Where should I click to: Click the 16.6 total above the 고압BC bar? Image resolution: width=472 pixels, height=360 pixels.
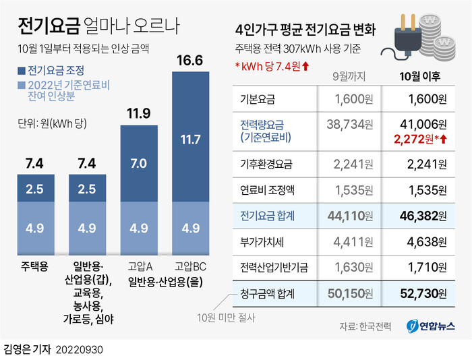[x=190, y=61]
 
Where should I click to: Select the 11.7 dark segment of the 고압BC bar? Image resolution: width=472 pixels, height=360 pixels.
[x=190, y=140]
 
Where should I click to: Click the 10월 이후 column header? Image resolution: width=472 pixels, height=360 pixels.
[x=419, y=78]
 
